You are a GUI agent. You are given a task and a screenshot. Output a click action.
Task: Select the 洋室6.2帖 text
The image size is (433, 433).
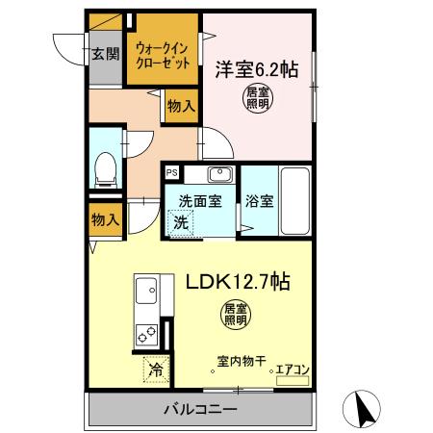coord(255,69)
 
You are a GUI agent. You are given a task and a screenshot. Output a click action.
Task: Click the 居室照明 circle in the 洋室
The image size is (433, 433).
coord(255,98)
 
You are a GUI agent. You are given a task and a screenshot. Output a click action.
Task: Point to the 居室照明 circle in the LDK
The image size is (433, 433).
coord(235,313)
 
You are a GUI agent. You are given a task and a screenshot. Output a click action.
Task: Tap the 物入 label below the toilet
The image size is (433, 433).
coord(106,219)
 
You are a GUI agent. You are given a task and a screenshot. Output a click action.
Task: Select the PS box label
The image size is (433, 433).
coord(171,173)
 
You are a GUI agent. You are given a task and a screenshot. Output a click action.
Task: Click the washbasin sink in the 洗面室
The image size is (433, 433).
coord(219,177)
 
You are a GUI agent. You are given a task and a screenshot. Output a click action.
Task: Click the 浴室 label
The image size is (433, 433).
coord(259,204)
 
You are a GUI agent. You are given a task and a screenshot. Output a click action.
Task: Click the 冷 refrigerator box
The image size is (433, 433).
coord(154,369)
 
